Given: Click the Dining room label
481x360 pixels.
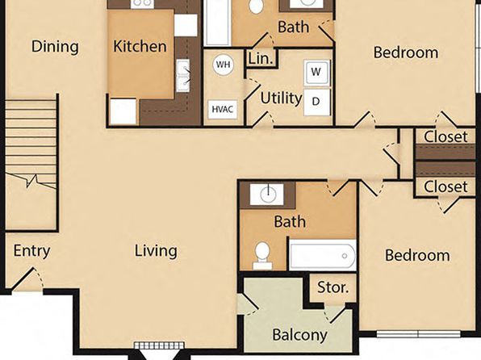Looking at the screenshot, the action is pyautogui.click(x=55, y=47).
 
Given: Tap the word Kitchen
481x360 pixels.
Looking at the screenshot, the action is pyautogui.click(x=140, y=46).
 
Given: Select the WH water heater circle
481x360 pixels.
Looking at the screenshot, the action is pyautogui.click(x=223, y=65).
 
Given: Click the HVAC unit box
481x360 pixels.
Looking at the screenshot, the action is pyautogui.click(x=223, y=109).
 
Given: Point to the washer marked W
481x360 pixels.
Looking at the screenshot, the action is pyautogui.click(x=316, y=73).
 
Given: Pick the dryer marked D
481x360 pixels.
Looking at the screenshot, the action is pyautogui.click(x=316, y=102).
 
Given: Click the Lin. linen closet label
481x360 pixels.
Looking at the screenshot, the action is pyautogui.click(x=261, y=58).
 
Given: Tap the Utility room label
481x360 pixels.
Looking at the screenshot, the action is pyautogui.click(x=281, y=98).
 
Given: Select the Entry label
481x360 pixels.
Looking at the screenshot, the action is pyautogui.click(x=31, y=251).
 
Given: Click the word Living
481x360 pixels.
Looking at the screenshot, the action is pyautogui.click(x=156, y=251).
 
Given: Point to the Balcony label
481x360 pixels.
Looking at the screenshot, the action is pyautogui.click(x=299, y=335).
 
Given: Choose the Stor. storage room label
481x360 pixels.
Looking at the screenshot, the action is pyautogui.click(x=333, y=287).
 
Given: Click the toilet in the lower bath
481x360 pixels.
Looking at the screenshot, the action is pyautogui.click(x=262, y=255).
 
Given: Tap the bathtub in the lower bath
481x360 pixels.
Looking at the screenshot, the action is pyautogui.click(x=323, y=255).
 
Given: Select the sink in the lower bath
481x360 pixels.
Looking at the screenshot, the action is pyautogui.click(x=267, y=194).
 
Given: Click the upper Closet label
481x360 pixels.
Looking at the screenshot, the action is pyautogui.click(x=445, y=136).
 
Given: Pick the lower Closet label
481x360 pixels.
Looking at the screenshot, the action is pyautogui.click(x=445, y=186).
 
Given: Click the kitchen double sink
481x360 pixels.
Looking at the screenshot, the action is pyautogui.click(x=183, y=76).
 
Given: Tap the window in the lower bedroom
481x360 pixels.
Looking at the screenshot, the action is pyautogui.click(x=418, y=334).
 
